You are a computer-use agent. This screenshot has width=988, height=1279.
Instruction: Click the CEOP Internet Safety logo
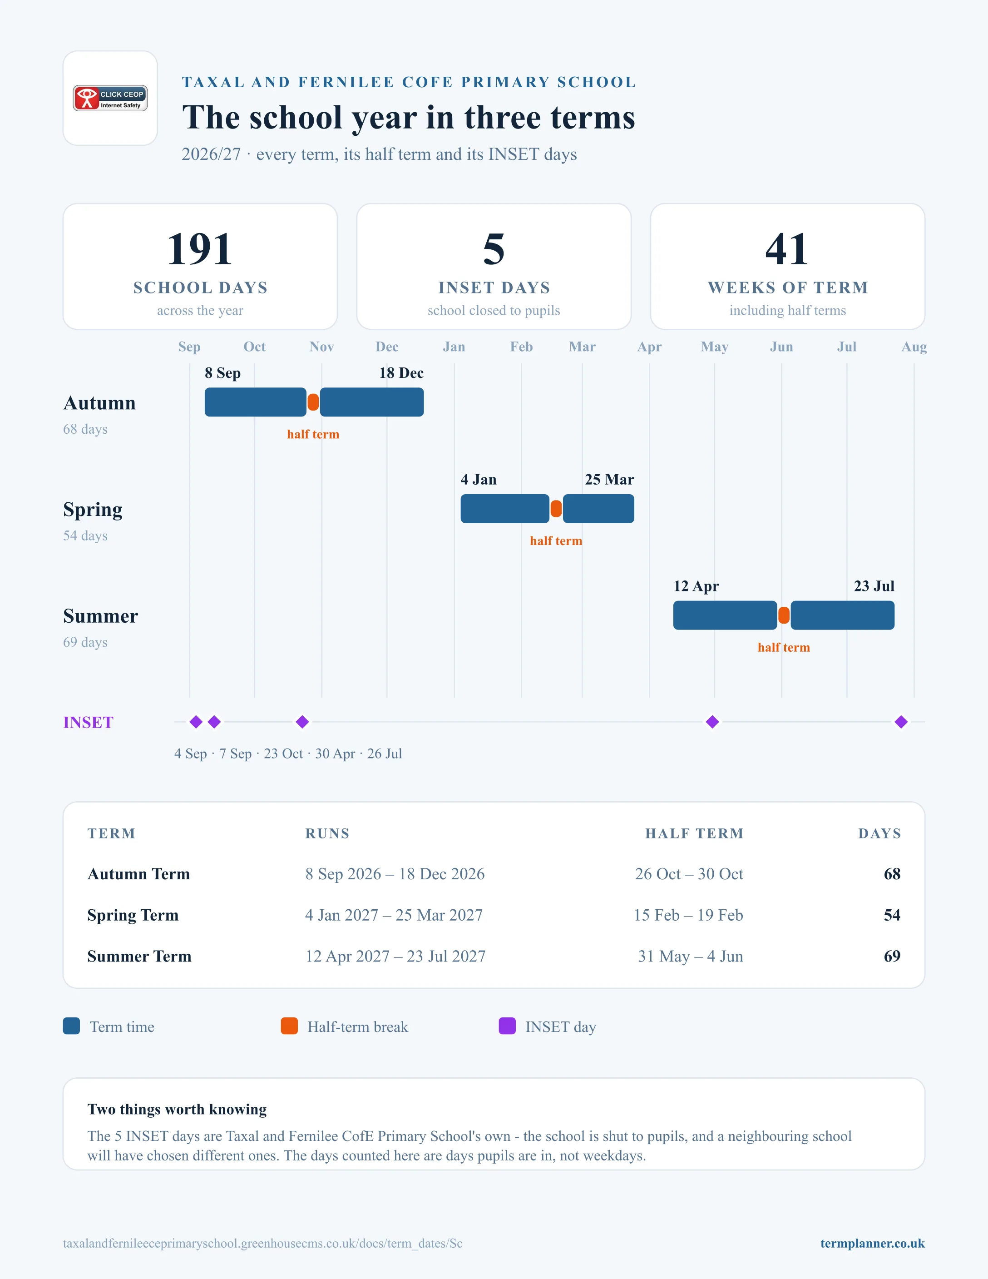pos(110,98)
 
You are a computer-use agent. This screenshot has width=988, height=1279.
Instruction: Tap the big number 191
pos(200,249)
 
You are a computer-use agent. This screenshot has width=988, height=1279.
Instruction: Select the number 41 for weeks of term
pos(787,249)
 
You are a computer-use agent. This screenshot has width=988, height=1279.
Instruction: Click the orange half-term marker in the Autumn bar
pos(313,402)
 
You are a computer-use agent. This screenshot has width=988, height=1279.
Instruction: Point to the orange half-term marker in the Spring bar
pos(556,509)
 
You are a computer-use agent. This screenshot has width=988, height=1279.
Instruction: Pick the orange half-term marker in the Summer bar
pos(784,615)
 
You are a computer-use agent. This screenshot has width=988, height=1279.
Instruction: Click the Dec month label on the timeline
pos(387,347)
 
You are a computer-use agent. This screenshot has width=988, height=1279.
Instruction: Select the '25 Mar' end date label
pos(609,480)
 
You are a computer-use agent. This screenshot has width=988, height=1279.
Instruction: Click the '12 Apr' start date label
pos(696,586)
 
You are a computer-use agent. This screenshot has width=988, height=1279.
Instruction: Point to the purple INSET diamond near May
pos(712,722)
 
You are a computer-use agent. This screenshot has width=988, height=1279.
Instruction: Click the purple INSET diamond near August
pos(901,722)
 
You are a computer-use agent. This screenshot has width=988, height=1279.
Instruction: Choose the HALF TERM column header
pos(694,833)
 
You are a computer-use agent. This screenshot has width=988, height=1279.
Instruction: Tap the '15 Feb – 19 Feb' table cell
pos(688,915)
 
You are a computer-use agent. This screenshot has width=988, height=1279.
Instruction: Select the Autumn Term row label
pos(139,874)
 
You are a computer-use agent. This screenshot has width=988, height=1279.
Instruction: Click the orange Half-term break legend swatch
pos(289,1026)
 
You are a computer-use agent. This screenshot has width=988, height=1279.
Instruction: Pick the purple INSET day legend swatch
pos(507,1026)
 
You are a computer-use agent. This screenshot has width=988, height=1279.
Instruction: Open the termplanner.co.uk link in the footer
pos(872,1243)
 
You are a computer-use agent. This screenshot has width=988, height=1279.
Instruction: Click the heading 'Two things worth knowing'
pos(177,1109)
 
